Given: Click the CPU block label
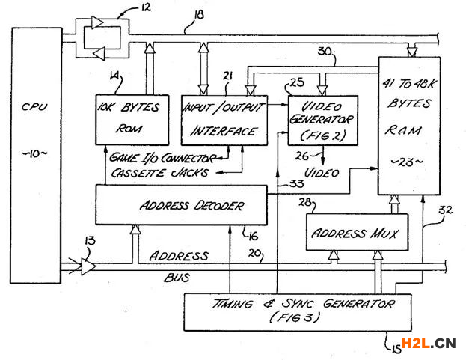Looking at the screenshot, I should pyautogui.click(x=34, y=107).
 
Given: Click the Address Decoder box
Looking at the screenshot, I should pyautogui.click(x=180, y=204).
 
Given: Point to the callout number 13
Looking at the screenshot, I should pyautogui.click(x=91, y=241).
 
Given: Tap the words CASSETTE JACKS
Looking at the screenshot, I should pyautogui.click(x=154, y=173).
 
